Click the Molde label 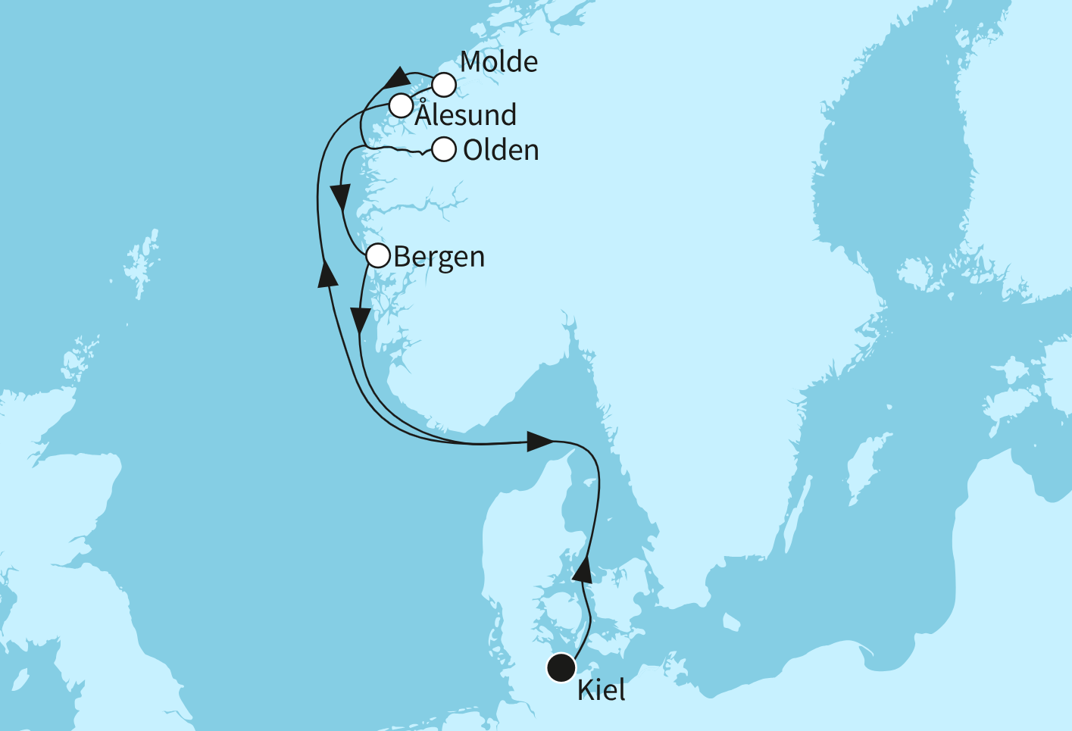click(498, 62)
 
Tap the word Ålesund click(466, 115)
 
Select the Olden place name click(501, 150)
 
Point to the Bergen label click(439, 258)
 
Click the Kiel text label click(602, 690)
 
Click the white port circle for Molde click(445, 85)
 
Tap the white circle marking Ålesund click(401, 106)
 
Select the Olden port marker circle click(444, 150)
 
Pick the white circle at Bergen click(378, 256)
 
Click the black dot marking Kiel click(561, 667)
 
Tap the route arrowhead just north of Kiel click(582, 568)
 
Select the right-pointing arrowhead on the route click(539, 441)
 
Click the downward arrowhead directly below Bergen click(361, 321)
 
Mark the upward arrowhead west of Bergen click(327, 273)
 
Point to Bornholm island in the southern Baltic click(730, 623)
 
